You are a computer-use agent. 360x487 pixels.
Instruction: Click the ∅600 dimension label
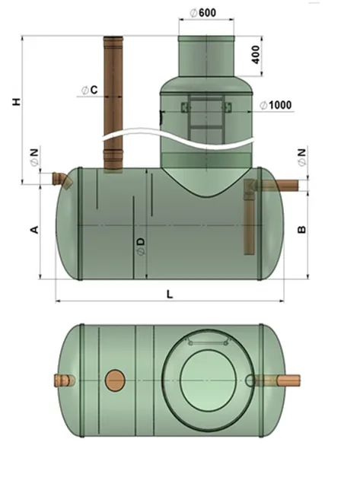[x=202, y=13]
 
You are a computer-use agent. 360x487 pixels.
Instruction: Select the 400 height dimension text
[x=256, y=55]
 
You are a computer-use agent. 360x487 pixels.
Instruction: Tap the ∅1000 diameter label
[x=276, y=105]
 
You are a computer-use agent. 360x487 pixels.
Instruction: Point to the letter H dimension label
[x=17, y=101]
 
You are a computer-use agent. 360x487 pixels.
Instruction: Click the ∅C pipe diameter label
[x=90, y=90]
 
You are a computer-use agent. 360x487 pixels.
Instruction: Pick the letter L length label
[x=170, y=294]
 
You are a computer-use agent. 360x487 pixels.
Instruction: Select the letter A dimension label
[x=34, y=229]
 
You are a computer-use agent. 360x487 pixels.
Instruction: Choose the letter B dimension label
[x=301, y=230]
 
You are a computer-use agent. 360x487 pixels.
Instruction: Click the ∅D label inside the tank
[x=141, y=247]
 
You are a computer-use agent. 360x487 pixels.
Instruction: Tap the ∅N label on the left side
[x=34, y=158]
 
